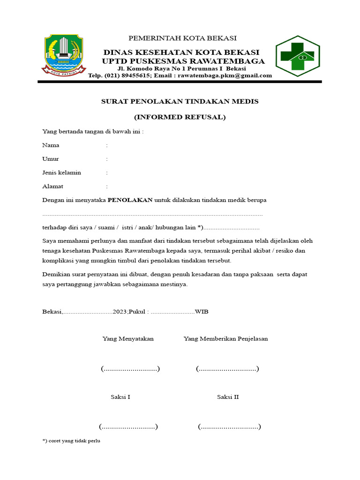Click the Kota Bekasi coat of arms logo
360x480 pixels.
[64, 54]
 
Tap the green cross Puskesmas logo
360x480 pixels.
[297, 55]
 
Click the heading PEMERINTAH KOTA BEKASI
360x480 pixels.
[182, 38]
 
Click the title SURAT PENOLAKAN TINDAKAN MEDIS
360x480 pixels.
[180, 101]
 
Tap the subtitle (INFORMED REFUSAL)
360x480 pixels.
[180, 117]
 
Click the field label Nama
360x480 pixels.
[51, 145]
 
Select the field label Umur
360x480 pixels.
[51, 159]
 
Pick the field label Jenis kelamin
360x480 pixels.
[61, 172]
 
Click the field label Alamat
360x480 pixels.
[52, 186]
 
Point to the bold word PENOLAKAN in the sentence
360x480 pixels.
[130, 200]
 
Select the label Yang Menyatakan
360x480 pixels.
[128, 338]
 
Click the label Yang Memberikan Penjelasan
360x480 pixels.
[225, 338]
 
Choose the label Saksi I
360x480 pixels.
[120, 397]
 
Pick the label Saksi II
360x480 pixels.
[228, 397]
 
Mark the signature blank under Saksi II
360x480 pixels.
[229, 427]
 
